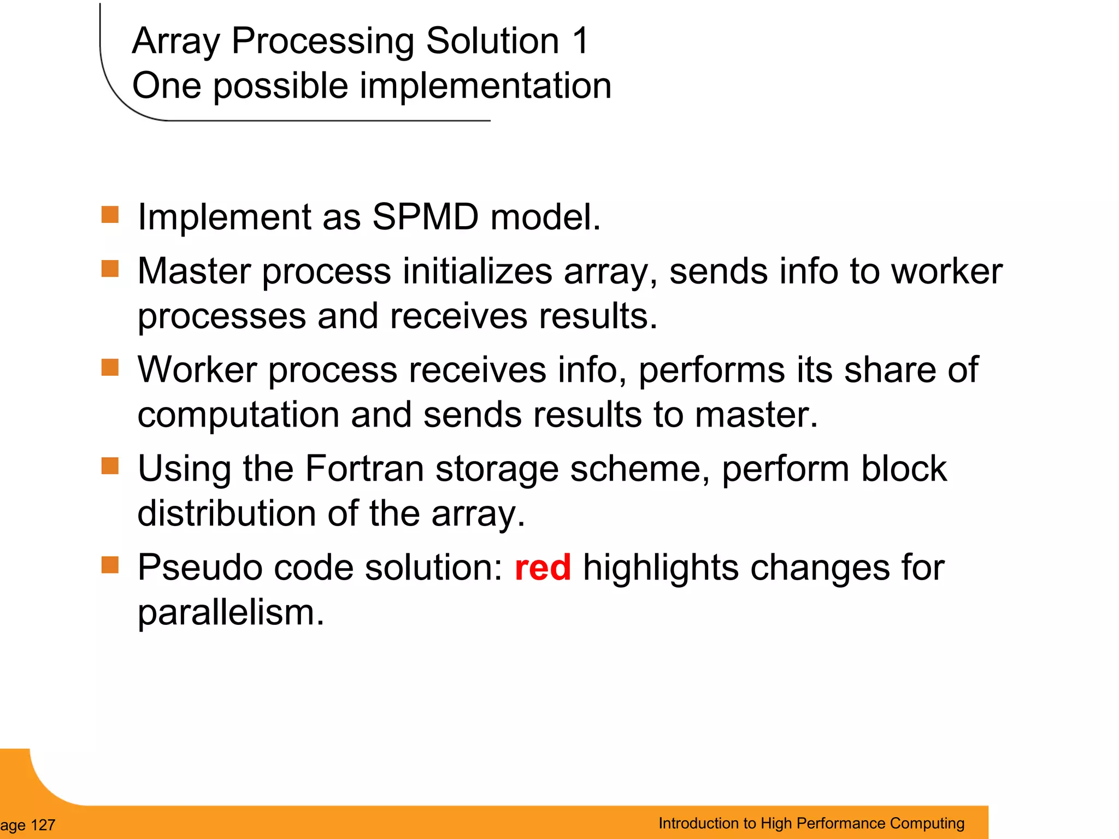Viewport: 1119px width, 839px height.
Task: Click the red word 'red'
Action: (x=543, y=568)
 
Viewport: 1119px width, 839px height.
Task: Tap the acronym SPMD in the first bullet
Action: (x=425, y=217)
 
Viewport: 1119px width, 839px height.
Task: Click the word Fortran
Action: (x=364, y=469)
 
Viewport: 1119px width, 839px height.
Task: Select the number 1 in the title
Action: (x=580, y=41)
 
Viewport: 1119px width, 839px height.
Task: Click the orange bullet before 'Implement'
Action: (x=110, y=215)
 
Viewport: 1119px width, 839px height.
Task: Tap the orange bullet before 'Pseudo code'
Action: (x=110, y=565)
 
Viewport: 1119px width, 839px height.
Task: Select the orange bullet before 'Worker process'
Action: (x=110, y=368)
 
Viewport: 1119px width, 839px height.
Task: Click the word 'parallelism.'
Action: (x=231, y=612)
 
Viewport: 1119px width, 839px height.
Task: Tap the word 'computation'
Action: (x=238, y=415)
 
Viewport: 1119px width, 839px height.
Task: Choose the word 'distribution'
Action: (x=226, y=513)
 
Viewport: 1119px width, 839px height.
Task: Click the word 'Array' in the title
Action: (x=175, y=42)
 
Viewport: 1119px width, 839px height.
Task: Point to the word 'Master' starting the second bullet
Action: (x=194, y=271)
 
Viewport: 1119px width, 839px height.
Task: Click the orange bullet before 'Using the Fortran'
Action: (x=110, y=466)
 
